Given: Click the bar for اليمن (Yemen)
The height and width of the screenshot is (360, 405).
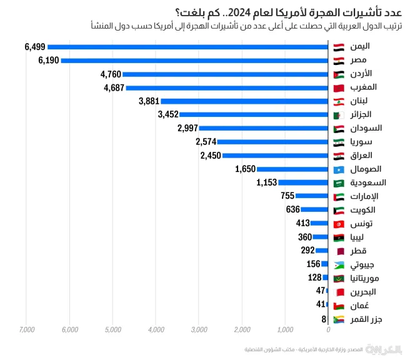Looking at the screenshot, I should (187, 46).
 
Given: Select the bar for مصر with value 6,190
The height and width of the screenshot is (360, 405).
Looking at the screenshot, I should (194, 60).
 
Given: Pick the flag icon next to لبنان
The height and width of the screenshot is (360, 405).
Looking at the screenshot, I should (338, 101).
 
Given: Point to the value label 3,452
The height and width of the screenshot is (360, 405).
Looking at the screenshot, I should (168, 114).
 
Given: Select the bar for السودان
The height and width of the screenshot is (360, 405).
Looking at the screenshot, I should (263, 128).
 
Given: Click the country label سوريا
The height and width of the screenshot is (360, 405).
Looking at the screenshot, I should (362, 142).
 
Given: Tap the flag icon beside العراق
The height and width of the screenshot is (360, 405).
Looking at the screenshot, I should (338, 156).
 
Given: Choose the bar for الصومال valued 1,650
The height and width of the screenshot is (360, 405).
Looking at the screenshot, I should (292, 169).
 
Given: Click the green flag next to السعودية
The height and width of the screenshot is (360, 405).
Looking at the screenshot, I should (338, 182).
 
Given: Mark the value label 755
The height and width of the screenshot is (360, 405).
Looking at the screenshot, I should (287, 196).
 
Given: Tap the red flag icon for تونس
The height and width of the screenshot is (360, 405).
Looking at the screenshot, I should (338, 224).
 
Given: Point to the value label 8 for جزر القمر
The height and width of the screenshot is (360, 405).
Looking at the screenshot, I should (324, 319).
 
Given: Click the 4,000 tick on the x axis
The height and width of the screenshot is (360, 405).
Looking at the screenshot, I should (156, 330).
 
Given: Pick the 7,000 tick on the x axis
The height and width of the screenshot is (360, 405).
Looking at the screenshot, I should (26, 330).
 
